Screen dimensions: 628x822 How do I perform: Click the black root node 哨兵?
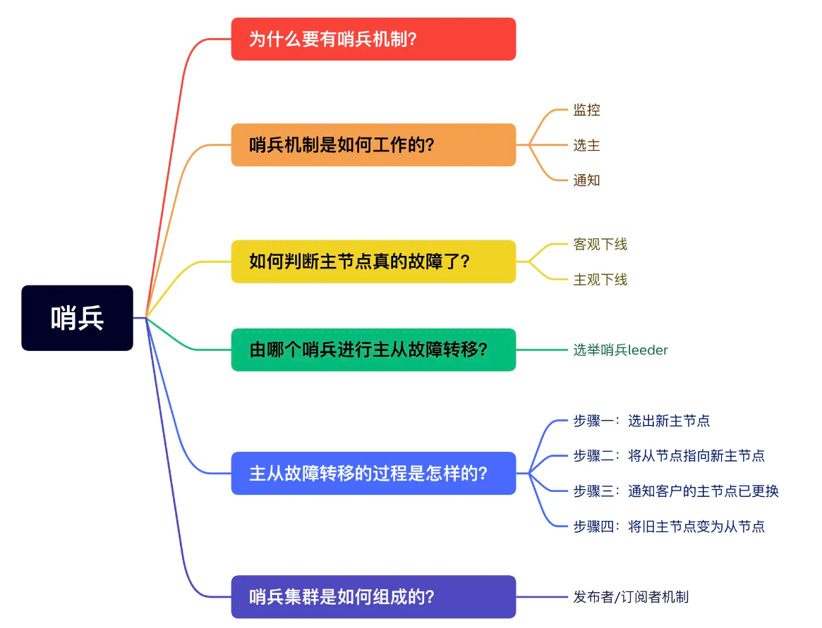coord(77,318)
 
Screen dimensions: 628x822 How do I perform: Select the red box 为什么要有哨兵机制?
coord(373,39)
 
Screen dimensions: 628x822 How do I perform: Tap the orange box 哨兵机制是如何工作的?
coord(373,145)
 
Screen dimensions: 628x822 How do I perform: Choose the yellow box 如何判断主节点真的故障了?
coord(373,261)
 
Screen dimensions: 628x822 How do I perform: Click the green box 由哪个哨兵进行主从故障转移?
coord(373,350)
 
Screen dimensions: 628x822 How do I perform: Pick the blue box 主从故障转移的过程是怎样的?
coord(373,473)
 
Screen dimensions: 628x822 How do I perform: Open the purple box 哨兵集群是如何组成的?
coord(373,597)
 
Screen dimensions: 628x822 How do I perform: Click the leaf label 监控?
coord(586,110)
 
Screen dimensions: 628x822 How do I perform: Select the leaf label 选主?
coord(586,145)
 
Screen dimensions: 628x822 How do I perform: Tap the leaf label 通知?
coord(586,180)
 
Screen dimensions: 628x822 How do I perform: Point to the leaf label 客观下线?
coord(600,244)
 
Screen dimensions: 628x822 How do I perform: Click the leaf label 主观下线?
coord(600,279)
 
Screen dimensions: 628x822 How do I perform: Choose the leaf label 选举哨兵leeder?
coord(620,350)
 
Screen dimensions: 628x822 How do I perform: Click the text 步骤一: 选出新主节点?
coord(641,421)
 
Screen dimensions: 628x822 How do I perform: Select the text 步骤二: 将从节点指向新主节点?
coord(668,455)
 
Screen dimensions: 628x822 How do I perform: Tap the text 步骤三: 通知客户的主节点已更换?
coord(675,491)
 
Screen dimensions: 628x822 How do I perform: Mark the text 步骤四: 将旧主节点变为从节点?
coord(668,526)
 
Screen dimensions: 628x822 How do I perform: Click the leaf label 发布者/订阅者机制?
coord(631,597)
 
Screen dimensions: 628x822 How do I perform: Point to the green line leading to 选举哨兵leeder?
coord(543,350)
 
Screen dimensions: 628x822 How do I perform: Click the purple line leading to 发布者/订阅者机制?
coord(543,597)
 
